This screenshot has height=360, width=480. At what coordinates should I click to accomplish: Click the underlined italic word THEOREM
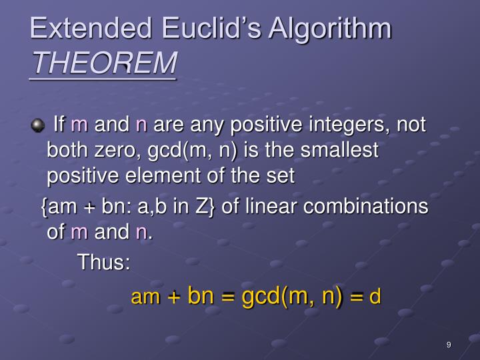pos(103,64)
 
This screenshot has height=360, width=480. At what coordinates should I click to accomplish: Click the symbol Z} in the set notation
pos(203,207)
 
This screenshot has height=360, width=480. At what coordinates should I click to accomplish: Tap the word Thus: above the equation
pos(104,262)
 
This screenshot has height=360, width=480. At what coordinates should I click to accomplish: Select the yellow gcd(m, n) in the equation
pos(292,295)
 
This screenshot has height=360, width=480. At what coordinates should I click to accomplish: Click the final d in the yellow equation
pos(375,296)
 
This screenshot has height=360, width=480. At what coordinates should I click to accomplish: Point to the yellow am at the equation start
pos(145,297)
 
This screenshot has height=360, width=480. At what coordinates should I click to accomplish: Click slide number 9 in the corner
pos(449,345)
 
